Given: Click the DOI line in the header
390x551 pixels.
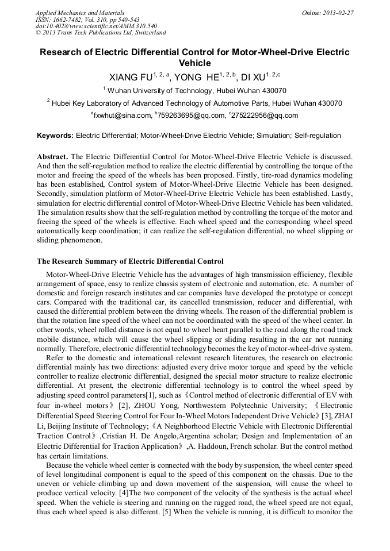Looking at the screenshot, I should pyautogui.click(x=97, y=26).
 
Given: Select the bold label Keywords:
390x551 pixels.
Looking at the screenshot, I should pyautogui.click(x=55, y=136).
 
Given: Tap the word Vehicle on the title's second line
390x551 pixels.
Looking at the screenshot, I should pyautogui.click(x=195, y=63).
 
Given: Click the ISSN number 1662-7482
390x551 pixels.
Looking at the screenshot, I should pyautogui.click(x=68, y=19).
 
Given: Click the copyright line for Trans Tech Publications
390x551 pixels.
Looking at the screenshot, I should pyautogui.click(x=101, y=33).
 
